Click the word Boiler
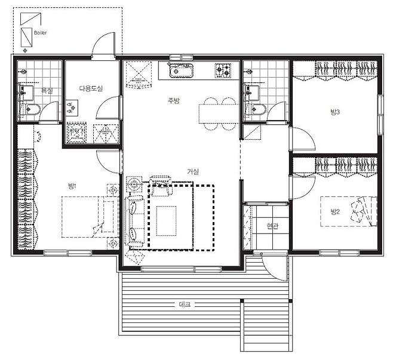point(40,33)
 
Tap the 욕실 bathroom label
point(47,90)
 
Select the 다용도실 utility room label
point(91,88)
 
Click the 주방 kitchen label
point(174,101)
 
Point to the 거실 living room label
point(193,171)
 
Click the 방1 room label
point(72,186)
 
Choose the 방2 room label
point(335,212)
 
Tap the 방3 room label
point(335,112)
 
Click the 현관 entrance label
point(272,226)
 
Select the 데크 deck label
point(185,304)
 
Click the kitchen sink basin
point(181,70)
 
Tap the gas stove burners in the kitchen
point(223,70)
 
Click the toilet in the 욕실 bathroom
point(30,109)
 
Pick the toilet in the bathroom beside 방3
point(256,109)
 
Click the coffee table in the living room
point(166,221)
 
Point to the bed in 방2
point(349,212)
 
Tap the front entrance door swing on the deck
point(274,266)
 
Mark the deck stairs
point(266,325)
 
